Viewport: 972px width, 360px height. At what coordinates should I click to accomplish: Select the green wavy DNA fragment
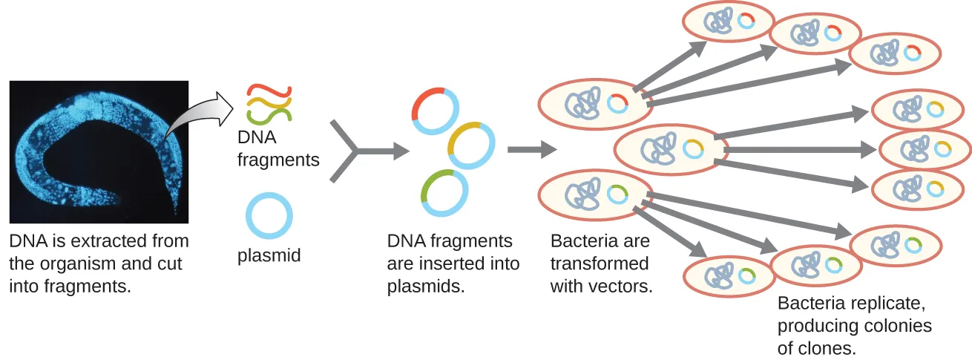point(269,114)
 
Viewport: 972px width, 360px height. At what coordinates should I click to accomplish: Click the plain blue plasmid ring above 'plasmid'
point(269,216)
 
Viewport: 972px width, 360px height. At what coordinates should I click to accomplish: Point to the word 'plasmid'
point(269,256)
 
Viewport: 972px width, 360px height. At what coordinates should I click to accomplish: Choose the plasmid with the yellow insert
point(470,145)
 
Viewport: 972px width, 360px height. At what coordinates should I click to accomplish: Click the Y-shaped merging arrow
point(356,151)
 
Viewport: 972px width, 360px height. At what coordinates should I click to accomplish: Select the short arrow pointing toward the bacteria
point(531,150)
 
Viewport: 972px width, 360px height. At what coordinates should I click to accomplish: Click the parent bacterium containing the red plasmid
point(594,104)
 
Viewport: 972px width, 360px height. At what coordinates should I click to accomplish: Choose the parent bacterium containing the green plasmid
point(594,194)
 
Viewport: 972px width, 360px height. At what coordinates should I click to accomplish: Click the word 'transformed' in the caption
point(600,264)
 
